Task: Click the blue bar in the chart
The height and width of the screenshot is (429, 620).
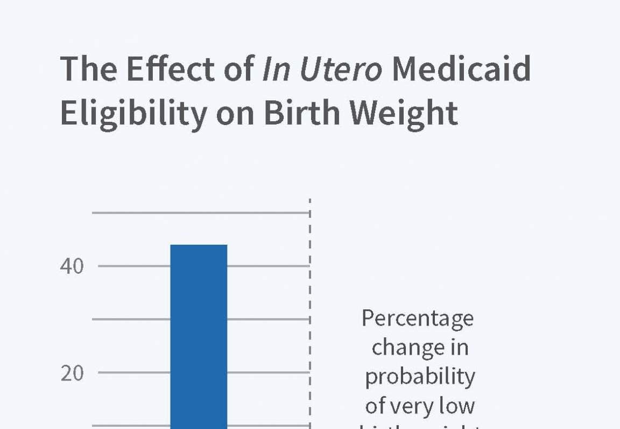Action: [199, 334]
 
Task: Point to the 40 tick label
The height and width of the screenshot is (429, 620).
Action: [72, 266]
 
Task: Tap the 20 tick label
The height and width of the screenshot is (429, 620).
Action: [72, 373]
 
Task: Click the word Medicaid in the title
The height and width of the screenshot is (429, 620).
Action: [461, 70]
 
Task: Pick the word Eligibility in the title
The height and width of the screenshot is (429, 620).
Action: [132, 113]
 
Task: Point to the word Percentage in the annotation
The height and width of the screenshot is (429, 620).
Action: [418, 319]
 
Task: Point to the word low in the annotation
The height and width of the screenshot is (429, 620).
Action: [459, 406]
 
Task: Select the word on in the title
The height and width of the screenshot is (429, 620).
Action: [236, 113]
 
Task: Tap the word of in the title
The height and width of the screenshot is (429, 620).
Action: [237, 70]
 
